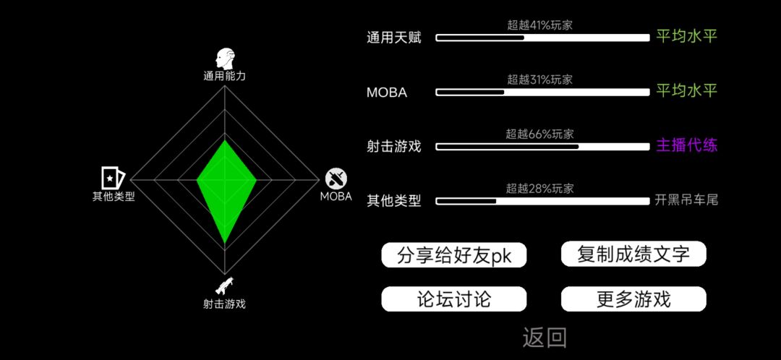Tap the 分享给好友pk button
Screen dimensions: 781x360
[454, 255]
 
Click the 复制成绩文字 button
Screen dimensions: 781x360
[633, 254]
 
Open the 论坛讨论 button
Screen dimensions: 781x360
[454, 299]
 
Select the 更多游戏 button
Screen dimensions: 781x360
[633, 299]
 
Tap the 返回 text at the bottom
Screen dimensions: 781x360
[545, 338]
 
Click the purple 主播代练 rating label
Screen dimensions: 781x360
[687, 146]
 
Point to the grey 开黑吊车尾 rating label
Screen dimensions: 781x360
[687, 201]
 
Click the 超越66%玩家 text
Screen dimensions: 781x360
[540, 134]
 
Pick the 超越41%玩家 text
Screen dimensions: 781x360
[540, 25]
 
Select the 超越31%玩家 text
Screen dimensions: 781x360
[540, 80]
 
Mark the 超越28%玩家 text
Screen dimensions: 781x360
[540, 188]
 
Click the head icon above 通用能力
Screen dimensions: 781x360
[225, 59]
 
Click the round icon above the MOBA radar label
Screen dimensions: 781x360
[336, 179]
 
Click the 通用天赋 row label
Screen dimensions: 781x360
[394, 38]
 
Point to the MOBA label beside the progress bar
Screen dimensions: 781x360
[386, 93]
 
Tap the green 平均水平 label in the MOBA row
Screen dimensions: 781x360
[687, 91]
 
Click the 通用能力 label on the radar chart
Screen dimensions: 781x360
[225, 76]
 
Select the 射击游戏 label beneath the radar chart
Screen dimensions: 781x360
[224, 304]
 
